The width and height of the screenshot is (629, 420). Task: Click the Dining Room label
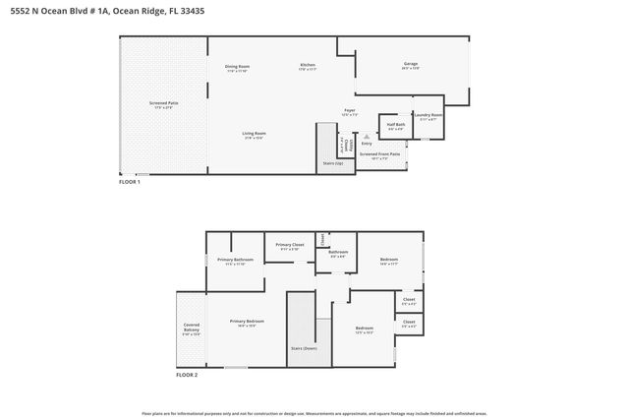[237, 68]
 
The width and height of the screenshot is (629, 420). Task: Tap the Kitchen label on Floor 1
[308, 67]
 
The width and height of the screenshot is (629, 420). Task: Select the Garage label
[410, 66]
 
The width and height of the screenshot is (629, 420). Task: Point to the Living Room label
[255, 135]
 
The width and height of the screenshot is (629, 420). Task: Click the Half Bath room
[396, 127]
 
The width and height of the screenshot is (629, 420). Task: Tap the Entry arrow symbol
[367, 138]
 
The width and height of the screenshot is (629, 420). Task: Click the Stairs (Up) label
[333, 163]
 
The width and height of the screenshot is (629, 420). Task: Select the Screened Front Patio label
[379, 155]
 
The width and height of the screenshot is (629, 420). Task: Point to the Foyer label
[349, 111]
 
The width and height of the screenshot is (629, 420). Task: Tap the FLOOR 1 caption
[130, 182]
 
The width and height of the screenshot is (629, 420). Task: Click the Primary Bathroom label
[235, 261]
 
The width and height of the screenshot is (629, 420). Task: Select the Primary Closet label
[290, 246]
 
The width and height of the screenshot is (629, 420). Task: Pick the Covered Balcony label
[192, 329]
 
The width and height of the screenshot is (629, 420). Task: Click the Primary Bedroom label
[247, 323]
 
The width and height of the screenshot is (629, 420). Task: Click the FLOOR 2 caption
[187, 375]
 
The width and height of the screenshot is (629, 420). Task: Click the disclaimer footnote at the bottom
[314, 414]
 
